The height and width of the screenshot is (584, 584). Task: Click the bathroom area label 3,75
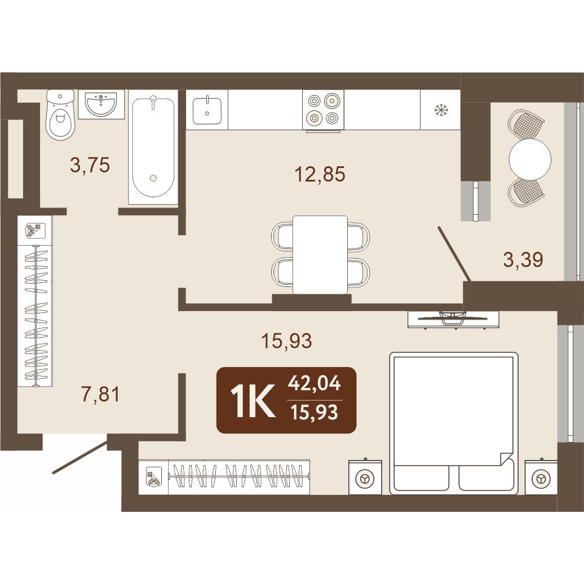pyautogui.click(x=90, y=165)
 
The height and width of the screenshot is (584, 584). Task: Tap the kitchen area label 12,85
pyautogui.click(x=320, y=174)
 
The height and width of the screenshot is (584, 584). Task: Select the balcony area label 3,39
pyautogui.click(x=523, y=260)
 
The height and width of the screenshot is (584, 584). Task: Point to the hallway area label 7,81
pyautogui.click(x=100, y=395)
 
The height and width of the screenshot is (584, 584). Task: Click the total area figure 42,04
pyautogui.click(x=315, y=383)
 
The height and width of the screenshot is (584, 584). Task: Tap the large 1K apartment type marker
pyautogui.click(x=253, y=400)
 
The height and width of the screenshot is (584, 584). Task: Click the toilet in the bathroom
pyautogui.click(x=60, y=115)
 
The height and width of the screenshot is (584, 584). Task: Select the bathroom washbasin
pyautogui.click(x=101, y=105)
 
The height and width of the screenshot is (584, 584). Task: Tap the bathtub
pyautogui.click(x=153, y=147)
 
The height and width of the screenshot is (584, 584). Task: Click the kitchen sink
pyautogui.click(x=207, y=110)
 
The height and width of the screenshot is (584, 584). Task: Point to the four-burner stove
pyautogui.click(x=324, y=110)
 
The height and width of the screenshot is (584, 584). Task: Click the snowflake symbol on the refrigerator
pyautogui.click(x=441, y=110)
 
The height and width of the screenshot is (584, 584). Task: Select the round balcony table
pyautogui.click(x=530, y=159)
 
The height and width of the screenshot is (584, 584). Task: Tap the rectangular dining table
pyautogui.click(x=320, y=255)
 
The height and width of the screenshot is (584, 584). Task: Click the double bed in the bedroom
pyautogui.click(x=454, y=423)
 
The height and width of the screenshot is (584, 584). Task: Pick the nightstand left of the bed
pyautogui.click(x=365, y=477)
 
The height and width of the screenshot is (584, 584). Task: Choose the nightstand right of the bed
pyautogui.click(x=541, y=477)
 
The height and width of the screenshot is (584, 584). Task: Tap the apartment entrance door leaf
pyautogui.click(x=81, y=456)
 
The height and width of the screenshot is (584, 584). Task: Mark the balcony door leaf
pyautogui.click(x=454, y=254)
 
